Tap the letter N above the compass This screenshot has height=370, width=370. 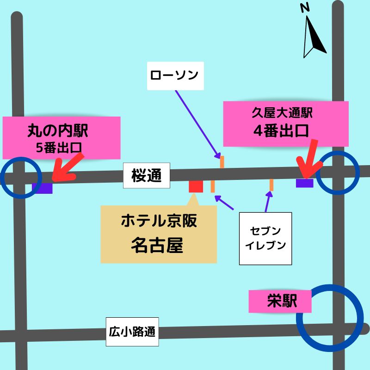pyautogui.click(x=304, y=8)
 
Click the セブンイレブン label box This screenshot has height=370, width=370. pyautogui.click(x=265, y=239)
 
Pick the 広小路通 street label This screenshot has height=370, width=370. pyautogui.click(x=132, y=332)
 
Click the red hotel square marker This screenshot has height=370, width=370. pyautogui.click(x=196, y=186)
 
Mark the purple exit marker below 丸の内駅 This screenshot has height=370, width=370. pyautogui.click(x=42, y=188)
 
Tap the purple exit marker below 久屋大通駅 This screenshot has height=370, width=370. pyautogui.click(x=305, y=183)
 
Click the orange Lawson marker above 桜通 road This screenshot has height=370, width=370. pyautogui.click(x=222, y=162)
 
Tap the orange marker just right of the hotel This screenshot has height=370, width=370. pyautogui.click(x=212, y=186)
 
